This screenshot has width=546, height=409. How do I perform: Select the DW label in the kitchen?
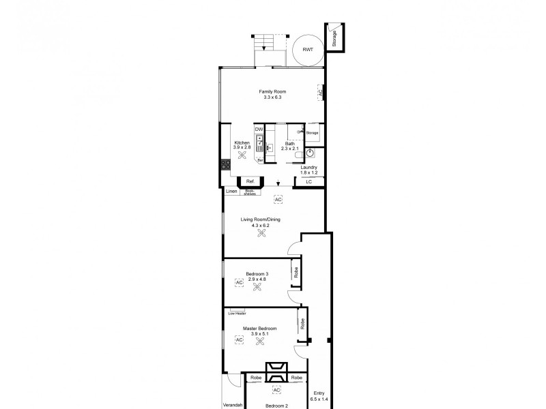click(259, 129)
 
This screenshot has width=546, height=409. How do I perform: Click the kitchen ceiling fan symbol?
click(242, 155)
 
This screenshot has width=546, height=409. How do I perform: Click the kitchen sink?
click(259, 143)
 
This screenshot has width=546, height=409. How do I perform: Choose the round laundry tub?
click(310, 153)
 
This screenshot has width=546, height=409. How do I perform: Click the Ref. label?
click(250, 181)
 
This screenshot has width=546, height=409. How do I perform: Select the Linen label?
click(231, 192)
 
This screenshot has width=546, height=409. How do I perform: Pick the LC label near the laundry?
click(308, 181)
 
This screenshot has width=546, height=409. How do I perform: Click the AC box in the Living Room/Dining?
click(278, 199)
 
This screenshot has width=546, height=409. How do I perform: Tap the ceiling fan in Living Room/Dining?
click(261, 233)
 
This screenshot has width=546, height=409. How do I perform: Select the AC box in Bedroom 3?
click(239, 281)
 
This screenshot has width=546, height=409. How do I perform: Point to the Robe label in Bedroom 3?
click(296, 273)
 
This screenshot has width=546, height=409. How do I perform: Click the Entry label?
click(319, 393)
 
